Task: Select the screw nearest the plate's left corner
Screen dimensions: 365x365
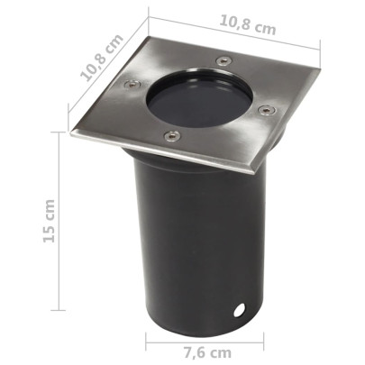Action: coord(130,87)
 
